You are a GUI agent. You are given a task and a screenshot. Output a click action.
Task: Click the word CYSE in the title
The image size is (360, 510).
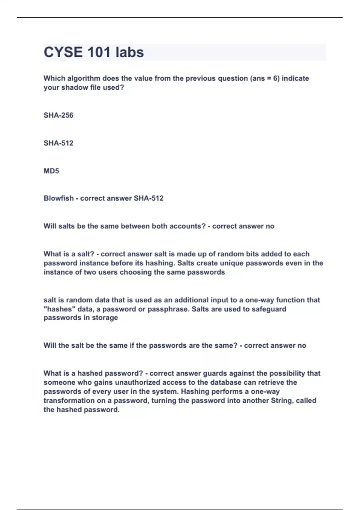tap(63, 52)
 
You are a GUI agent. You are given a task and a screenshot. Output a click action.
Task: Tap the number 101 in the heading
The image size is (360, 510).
tap(99, 52)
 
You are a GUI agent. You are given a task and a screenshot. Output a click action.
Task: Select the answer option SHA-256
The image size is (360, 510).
tap(58, 115)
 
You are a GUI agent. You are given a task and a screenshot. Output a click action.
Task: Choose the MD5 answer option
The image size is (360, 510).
tap(51, 171)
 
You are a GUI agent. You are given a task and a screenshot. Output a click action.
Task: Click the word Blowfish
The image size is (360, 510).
tap(58, 198)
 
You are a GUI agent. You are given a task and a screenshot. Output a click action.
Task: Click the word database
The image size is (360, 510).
tap(226, 382)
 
